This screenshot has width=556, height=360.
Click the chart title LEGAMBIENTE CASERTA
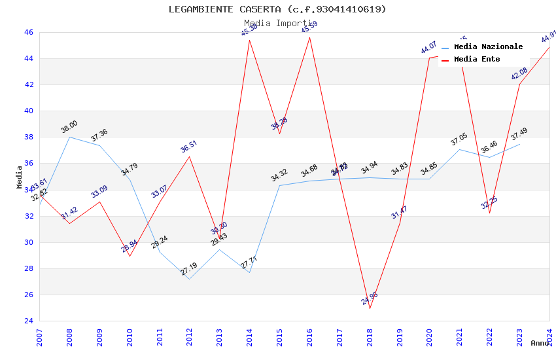coord(277,9)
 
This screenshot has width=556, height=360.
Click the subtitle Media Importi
coord(277,23)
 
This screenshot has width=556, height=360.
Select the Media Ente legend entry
coord(477,60)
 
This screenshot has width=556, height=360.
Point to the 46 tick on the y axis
coord(28,32)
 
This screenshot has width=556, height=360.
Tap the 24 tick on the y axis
coord(28,321)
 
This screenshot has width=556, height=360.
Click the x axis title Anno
coord(540,343)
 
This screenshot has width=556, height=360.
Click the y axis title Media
coord(19,177)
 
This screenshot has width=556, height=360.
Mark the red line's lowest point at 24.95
coord(370,308)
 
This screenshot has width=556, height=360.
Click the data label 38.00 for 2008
coord(69,127)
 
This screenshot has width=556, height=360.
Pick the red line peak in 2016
coord(309,37)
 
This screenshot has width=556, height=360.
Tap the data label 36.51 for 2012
coord(189,147)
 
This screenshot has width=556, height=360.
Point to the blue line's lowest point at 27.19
coord(190,279)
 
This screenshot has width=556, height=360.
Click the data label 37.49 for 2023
coord(519,134)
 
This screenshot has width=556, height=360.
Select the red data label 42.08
coord(519,73)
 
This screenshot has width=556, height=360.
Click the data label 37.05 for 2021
coord(459,139)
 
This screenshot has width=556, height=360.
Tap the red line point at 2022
coord(489,213)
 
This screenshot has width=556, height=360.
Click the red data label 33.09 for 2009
coord(99,192)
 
